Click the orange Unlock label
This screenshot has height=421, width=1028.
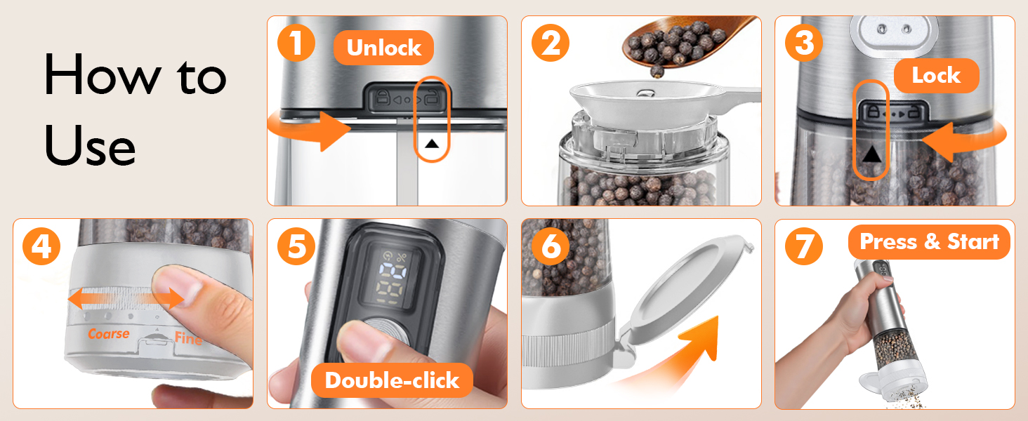(383, 48)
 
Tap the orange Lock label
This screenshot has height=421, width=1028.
(936, 76)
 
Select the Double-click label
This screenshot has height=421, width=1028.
(392, 380)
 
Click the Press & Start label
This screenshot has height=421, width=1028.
(929, 241)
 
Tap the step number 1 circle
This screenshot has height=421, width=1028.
(296, 43)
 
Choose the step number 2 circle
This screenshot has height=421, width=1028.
(551, 43)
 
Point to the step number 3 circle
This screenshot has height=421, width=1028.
(804, 43)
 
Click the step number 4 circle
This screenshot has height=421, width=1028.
(41, 246)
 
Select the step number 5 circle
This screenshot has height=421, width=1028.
(296, 246)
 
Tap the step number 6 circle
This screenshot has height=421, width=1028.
(551, 246)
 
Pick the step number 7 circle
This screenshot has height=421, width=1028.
(804, 246)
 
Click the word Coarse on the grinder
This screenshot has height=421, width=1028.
(109, 333)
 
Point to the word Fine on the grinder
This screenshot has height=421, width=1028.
(188, 338)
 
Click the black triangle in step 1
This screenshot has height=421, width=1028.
(432, 144)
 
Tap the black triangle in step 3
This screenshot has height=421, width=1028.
(871, 154)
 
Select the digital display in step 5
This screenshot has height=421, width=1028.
(391, 277)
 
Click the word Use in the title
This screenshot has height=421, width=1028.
(90, 146)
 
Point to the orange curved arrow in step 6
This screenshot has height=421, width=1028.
(679, 353)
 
